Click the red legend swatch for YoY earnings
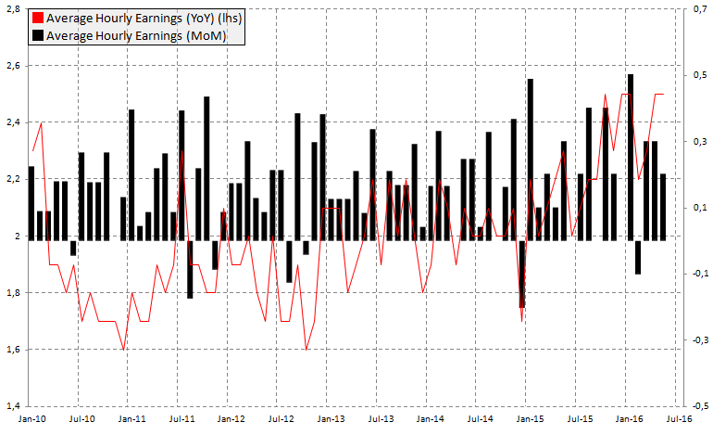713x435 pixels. pyautogui.click(x=37, y=18)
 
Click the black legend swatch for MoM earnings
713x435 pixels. pyautogui.click(x=37, y=35)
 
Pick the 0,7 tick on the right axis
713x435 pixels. pyautogui.click(x=700, y=9)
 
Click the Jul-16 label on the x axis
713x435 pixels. pyautogui.click(x=681, y=420)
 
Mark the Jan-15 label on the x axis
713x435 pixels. pyautogui.click(x=531, y=420)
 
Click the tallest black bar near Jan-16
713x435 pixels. pyautogui.click(x=631, y=158)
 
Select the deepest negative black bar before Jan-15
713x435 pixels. pyautogui.click(x=522, y=274)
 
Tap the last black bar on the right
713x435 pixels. pyautogui.click(x=663, y=207)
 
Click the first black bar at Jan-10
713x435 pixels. pyautogui.click(x=31, y=203)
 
